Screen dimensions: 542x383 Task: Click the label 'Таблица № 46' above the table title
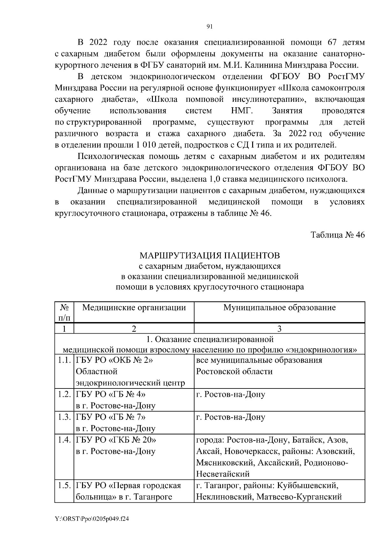338,235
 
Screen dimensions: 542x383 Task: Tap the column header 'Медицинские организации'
134,308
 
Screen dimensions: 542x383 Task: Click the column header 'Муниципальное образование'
279,308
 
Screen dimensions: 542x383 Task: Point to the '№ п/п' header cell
64,313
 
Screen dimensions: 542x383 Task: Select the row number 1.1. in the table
64,360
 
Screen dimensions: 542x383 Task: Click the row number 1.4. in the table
64,440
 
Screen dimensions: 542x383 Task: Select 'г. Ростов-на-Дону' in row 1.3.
230,417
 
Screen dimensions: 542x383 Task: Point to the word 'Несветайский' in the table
222,474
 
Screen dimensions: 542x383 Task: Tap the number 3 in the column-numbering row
279,329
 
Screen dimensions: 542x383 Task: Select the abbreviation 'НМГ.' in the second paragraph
242,111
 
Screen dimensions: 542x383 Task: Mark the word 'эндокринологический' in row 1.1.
130,383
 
